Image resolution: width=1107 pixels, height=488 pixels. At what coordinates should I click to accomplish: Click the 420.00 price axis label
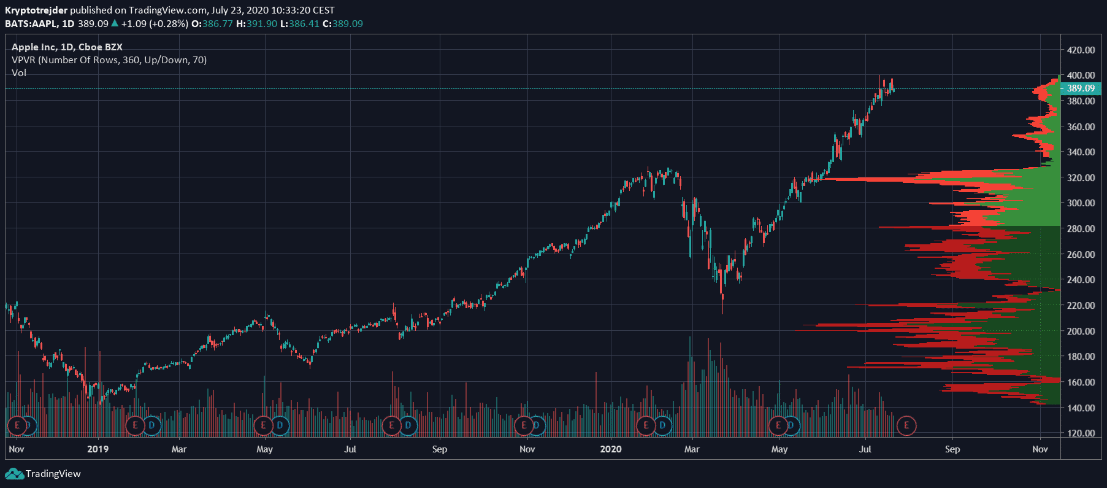[x=1081, y=50]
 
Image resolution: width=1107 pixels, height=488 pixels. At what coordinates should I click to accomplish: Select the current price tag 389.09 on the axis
[x=1081, y=88]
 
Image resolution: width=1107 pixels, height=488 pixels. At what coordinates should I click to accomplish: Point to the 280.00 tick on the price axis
[x=1081, y=228]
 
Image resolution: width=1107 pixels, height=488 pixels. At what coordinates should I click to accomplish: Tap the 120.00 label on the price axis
[x=1081, y=433]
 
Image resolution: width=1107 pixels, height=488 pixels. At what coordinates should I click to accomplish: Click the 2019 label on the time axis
[x=98, y=449]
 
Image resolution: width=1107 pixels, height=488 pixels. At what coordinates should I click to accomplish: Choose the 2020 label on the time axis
[x=610, y=449]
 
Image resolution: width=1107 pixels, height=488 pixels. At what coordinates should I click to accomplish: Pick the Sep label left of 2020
[x=440, y=449]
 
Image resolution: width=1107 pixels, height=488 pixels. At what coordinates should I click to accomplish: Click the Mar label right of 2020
[x=692, y=449]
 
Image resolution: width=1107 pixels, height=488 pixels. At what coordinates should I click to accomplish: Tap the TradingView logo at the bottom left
[x=43, y=474]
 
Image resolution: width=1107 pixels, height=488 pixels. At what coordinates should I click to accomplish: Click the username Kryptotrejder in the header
[x=36, y=10]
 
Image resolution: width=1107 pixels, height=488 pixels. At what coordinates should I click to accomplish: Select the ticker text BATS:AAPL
[x=31, y=24]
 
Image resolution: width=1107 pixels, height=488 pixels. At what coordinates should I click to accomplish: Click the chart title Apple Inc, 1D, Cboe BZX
[x=67, y=47]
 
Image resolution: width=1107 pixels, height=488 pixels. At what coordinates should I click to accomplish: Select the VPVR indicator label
[x=109, y=60]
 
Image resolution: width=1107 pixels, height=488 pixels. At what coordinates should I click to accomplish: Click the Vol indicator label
[x=19, y=73]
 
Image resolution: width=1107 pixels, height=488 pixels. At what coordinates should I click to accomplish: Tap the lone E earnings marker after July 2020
[x=906, y=425]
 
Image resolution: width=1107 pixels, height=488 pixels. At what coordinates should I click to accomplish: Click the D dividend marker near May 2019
[x=280, y=425]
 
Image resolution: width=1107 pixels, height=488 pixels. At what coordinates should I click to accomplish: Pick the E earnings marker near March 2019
[x=135, y=425]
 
